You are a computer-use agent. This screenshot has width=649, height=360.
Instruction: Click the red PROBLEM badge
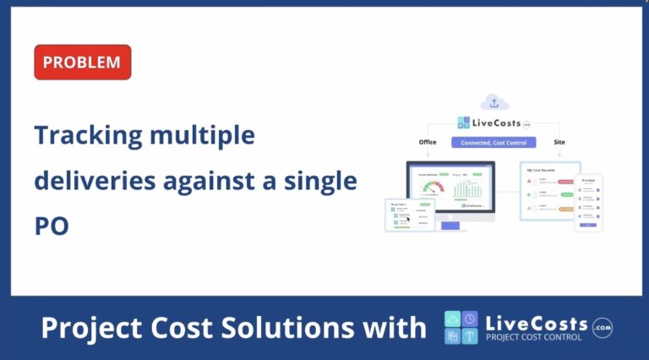pyautogui.click(x=82, y=63)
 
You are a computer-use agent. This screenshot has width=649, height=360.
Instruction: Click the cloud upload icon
pyautogui.click(x=494, y=102)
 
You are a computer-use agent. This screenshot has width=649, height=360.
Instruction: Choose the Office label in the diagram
pyautogui.click(x=428, y=142)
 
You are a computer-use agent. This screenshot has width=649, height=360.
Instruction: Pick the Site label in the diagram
pyautogui.click(x=559, y=142)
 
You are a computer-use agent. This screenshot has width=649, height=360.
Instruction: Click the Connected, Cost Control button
pyautogui.click(x=494, y=143)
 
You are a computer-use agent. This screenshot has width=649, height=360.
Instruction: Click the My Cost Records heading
pyautogui.click(x=542, y=171)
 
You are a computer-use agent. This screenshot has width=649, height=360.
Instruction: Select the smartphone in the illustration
pyautogui.click(x=588, y=203)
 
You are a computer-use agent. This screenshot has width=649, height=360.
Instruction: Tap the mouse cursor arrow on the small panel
pyautogui.click(x=408, y=218)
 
